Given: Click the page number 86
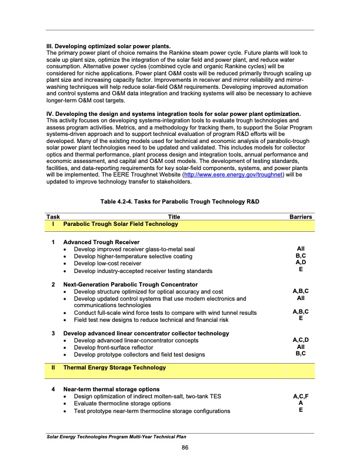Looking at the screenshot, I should click(184, 449).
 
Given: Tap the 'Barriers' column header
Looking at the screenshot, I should click(301, 217).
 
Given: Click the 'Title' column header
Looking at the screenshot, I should click(174, 217).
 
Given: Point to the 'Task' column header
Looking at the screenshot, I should click(53, 217).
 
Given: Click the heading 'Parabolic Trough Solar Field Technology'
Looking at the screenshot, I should click(121, 224).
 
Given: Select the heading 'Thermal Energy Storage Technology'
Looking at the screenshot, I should click(114, 368).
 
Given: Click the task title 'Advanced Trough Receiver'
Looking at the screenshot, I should click(101, 242).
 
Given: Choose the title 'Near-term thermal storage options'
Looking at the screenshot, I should click(111, 390).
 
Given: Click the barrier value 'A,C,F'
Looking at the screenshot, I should click(301, 397).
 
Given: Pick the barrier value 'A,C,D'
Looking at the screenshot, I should click(301, 340).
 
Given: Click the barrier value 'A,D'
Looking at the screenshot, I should click(301, 263).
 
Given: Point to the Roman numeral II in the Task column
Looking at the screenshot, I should click(53, 368).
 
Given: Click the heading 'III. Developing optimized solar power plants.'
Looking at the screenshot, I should click(108, 46).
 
